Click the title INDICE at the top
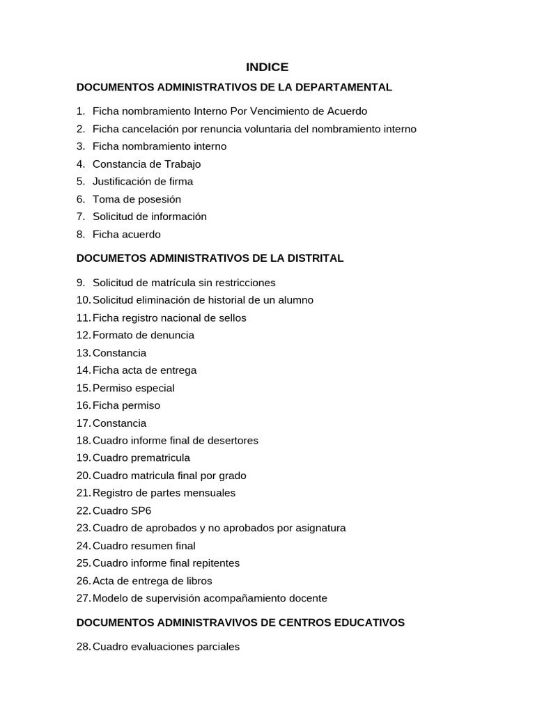point(267,67)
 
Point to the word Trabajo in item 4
point(182,164)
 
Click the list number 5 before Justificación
point(81,182)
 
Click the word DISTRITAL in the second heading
point(314,258)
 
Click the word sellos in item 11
point(232,318)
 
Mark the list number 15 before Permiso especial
point(84,388)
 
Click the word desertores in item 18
point(233,441)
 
